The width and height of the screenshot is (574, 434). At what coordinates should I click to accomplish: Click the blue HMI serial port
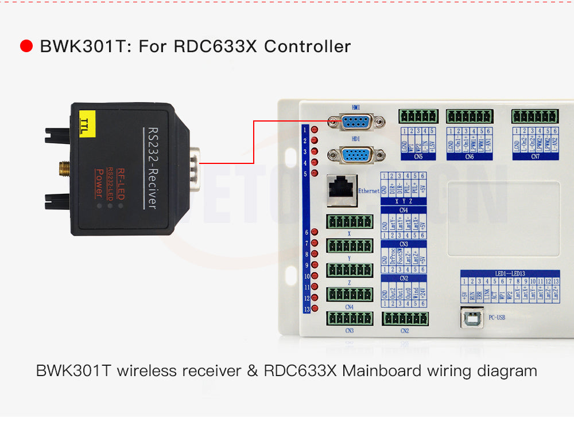click(x=355, y=121)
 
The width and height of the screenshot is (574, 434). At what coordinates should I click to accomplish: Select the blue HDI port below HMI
click(x=355, y=155)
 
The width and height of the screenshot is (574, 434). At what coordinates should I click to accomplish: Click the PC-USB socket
click(x=471, y=316)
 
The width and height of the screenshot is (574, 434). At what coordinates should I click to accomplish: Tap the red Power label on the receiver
click(x=99, y=185)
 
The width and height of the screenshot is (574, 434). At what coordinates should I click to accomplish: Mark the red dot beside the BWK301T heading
click(x=26, y=46)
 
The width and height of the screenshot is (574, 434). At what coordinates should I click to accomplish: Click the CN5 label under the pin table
click(x=417, y=155)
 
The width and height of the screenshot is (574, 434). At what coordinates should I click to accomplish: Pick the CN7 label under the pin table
click(x=535, y=155)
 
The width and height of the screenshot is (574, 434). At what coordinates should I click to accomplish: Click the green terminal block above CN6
click(x=470, y=116)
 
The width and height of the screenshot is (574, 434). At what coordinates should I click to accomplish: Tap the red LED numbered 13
click(x=315, y=309)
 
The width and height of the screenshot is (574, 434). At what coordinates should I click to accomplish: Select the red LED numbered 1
click(x=315, y=129)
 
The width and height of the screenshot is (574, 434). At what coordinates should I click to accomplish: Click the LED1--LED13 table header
click(x=509, y=274)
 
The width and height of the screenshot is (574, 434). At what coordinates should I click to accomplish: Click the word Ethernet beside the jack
click(x=369, y=191)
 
